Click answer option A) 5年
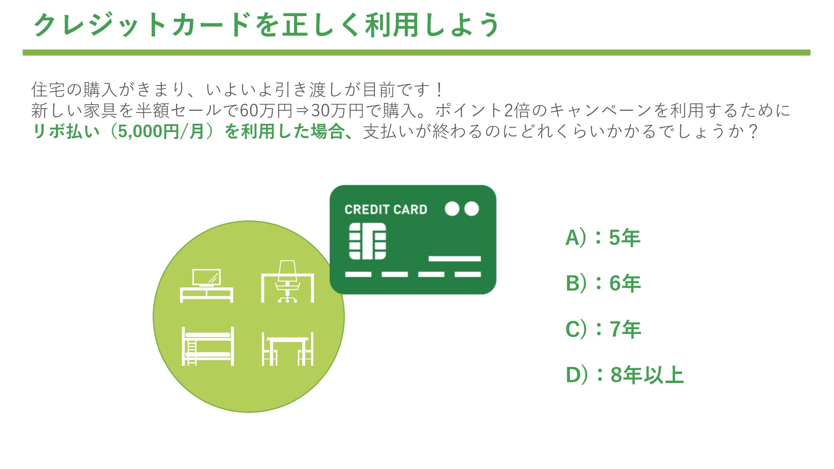[x=603, y=238]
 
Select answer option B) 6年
[x=603, y=284]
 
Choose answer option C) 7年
[x=603, y=329]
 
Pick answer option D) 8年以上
[x=625, y=375]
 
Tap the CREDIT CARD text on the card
[x=386, y=210]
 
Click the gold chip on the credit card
[x=367, y=241]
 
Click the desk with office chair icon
[x=287, y=282]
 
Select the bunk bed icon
[x=208, y=346]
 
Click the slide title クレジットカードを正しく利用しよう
[x=266, y=25]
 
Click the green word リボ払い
[x=66, y=132]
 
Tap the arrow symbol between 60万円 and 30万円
[x=302, y=111]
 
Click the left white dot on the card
[x=452, y=209]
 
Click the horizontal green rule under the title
[x=416, y=53]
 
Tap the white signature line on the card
[x=454, y=259]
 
